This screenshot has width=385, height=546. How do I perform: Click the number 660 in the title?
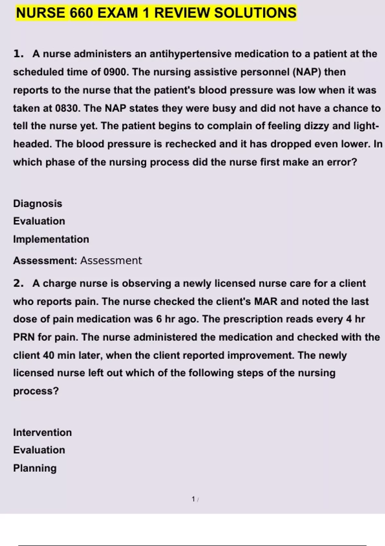[81, 13]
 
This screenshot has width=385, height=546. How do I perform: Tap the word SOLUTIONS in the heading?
[255, 13]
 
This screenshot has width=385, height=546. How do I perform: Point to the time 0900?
[116, 72]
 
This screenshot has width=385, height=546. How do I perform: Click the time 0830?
[68, 108]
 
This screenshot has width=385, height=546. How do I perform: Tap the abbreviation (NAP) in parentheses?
[307, 72]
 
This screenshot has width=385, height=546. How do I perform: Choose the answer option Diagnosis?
[38, 204]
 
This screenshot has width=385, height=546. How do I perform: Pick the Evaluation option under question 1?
[39, 221]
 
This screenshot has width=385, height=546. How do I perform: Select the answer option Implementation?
[51, 239]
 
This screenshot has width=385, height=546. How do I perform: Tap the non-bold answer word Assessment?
[111, 260]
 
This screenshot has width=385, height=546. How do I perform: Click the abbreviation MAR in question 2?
[266, 302]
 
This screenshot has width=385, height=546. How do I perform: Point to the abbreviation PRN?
[24, 337]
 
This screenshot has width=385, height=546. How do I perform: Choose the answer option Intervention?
[42, 433]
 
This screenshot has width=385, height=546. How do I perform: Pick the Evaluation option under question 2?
[39, 450]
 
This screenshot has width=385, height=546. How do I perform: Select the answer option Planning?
[35, 468]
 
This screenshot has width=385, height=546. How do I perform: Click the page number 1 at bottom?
[193, 499]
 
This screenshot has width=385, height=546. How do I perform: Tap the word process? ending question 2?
[36, 391]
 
